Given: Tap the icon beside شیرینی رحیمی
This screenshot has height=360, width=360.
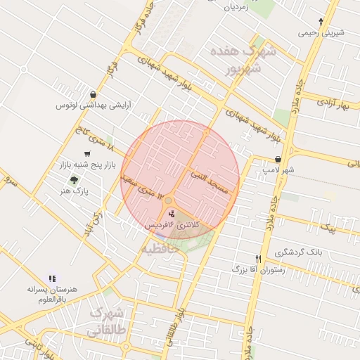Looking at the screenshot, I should click(x=321, y=21).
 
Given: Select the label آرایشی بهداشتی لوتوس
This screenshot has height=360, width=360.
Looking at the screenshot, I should click(x=94, y=106).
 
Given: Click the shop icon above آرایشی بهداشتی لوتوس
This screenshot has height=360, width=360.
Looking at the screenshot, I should click(x=94, y=94).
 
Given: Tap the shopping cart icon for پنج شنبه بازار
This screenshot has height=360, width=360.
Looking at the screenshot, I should click(x=87, y=153).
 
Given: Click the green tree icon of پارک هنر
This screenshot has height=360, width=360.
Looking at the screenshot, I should click(x=75, y=180).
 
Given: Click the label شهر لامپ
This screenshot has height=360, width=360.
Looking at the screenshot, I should click(x=279, y=170).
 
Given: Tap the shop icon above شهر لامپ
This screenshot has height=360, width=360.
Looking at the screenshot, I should click(x=279, y=160).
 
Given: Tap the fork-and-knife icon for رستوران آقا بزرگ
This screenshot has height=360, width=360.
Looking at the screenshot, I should click(x=258, y=259).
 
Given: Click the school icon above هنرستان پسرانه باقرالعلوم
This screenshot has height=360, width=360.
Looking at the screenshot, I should click(x=51, y=278).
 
